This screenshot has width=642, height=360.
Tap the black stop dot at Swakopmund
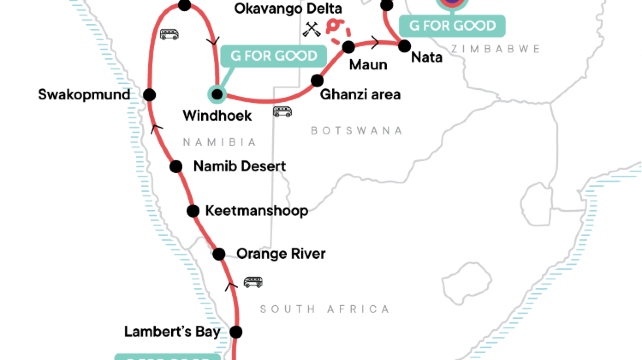pyautogui.click(x=149, y=94)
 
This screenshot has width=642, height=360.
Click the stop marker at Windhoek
pyautogui.click(x=217, y=95)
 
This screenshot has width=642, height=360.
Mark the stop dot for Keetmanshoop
pyautogui.click(x=194, y=211)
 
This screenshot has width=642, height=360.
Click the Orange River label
pyautogui.click(x=281, y=254)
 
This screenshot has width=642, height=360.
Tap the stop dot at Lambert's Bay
pyautogui.click(x=237, y=331)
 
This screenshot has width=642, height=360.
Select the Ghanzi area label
pyautogui.click(x=360, y=95)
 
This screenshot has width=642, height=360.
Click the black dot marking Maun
pyautogui.click(x=349, y=47)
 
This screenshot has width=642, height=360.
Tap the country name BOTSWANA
pyautogui.click(x=356, y=131)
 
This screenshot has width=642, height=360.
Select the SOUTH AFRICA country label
pyautogui.click(x=324, y=309)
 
